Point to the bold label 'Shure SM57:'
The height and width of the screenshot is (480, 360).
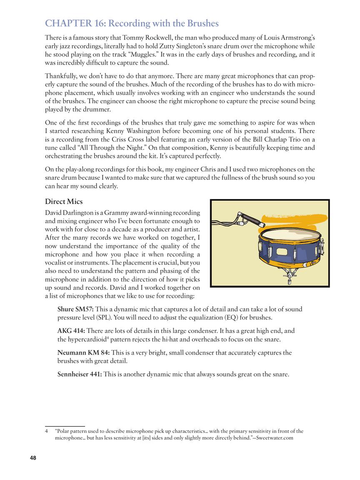75,309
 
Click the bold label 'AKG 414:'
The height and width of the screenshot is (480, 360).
71,331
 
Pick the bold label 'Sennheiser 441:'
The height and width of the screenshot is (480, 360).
79,374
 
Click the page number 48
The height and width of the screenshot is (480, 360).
33,458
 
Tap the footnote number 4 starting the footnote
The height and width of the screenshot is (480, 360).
46,431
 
